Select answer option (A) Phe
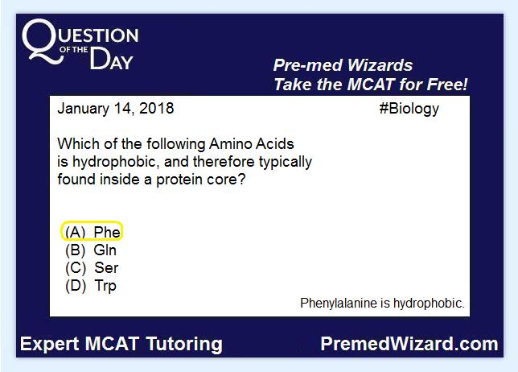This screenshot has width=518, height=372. pyautogui.click(x=92, y=232)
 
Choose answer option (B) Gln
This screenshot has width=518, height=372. pyautogui.click(x=91, y=250)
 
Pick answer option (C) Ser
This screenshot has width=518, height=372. pyautogui.click(x=92, y=268)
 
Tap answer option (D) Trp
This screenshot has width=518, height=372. pyautogui.click(x=91, y=286)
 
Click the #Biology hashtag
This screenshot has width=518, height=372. pyautogui.click(x=409, y=109)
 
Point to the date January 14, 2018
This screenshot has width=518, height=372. pyautogui.click(x=116, y=109)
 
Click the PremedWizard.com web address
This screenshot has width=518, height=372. pyautogui.click(x=409, y=344)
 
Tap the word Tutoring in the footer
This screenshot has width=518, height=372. pyautogui.click(x=184, y=345)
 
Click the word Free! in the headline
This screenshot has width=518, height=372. pyautogui.click(x=447, y=85)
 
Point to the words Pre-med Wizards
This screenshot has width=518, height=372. pyautogui.click(x=343, y=65)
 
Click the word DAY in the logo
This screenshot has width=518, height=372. pyautogui.click(x=111, y=60)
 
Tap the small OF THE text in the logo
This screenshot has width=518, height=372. pyautogui.click(x=74, y=50)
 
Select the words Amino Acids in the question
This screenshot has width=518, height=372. pyautogui.click(x=252, y=144)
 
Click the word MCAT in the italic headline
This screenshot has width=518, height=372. pyautogui.click(x=371, y=85)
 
